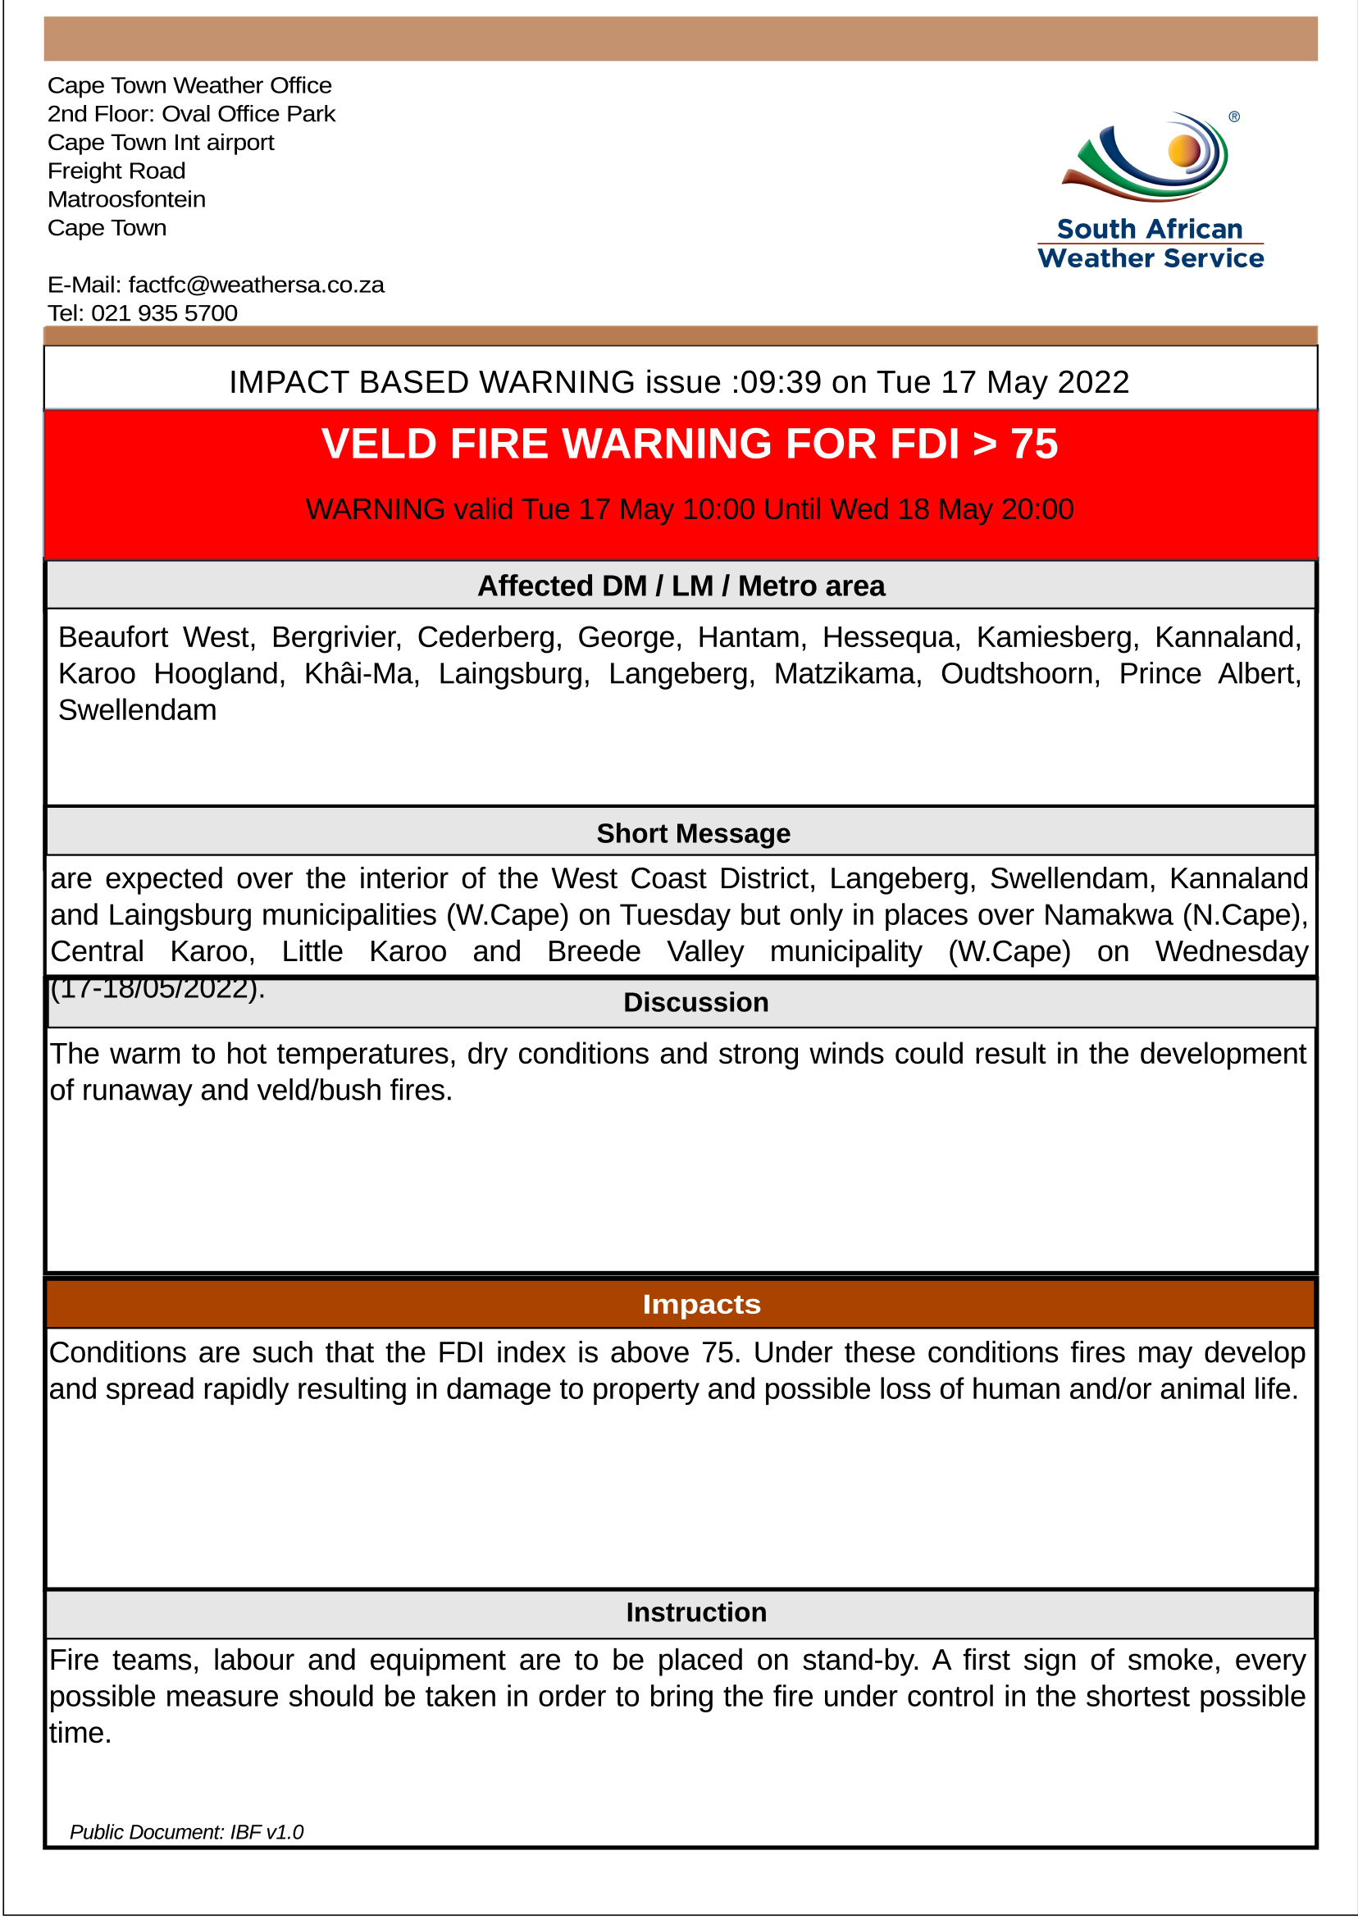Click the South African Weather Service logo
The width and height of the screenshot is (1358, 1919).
click(1151, 190)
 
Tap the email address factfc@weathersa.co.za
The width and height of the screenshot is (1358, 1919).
click(256, 285)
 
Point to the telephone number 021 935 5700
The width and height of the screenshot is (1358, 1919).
click(164, 313)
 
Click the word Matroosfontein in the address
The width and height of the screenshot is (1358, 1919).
click(126, 200)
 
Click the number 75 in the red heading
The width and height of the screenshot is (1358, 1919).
click(1033, 444)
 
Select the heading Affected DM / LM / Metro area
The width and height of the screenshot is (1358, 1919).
click(681, 586)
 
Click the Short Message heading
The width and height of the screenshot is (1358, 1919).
click(693, 834)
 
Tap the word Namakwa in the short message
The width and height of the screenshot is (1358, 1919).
click(1108, 915)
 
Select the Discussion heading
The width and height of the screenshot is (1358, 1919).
click(695, 1003)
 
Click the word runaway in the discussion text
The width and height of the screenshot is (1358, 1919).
click(136, 1092)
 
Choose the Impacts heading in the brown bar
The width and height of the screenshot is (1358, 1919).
click(702, 1305)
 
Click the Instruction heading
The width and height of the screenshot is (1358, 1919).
click(695, 1612)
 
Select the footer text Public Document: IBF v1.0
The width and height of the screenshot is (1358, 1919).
click(186, 1832)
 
